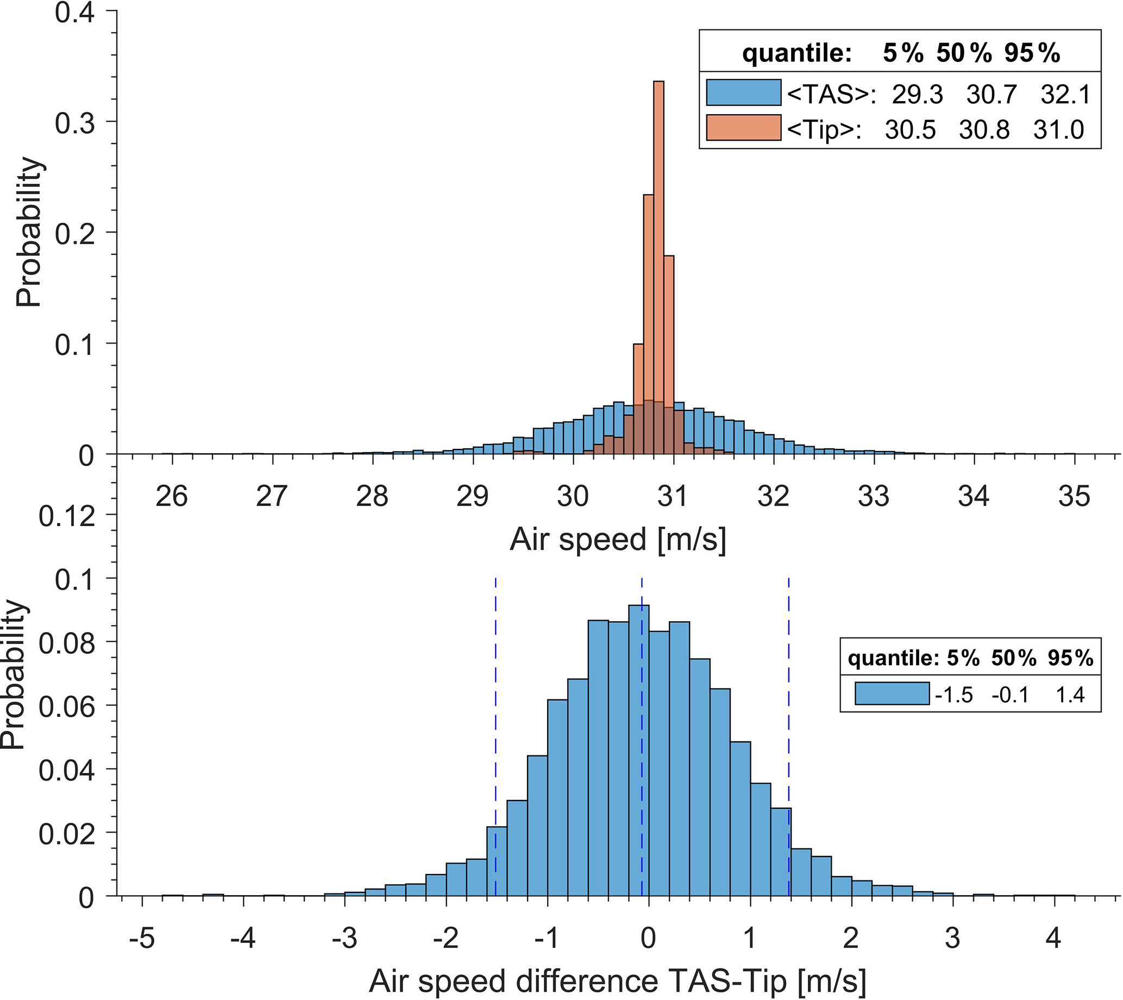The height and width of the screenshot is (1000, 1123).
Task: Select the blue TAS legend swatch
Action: point(743,92)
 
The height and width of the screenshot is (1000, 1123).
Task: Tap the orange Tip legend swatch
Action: point(743,128)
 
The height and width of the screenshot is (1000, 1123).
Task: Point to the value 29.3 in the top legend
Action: point(917,95)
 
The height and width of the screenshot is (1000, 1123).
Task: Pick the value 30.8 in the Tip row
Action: point(984,130)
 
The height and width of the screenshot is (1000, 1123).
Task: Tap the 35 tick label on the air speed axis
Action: point(1074,497)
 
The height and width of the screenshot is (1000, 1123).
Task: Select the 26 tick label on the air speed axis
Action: point(172,497)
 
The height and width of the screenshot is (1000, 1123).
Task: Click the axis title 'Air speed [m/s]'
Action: point(618,540)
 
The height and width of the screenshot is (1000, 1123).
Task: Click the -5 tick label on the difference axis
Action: point(142,938)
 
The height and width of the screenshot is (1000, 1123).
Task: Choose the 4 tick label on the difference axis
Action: point(1053,938)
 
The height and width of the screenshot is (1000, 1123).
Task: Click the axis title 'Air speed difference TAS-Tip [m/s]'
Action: point(618,981)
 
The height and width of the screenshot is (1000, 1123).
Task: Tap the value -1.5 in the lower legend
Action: point(954,695)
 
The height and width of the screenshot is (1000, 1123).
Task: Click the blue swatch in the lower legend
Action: point(892,693)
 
